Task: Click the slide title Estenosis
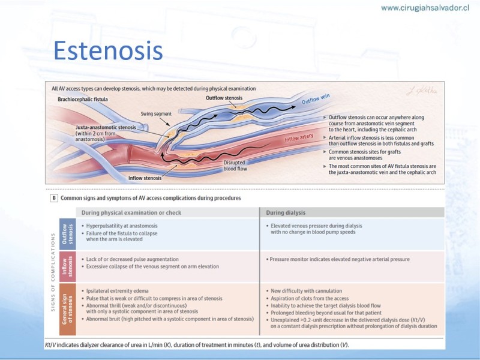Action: [108, 50]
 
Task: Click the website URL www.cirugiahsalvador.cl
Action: [425, 8]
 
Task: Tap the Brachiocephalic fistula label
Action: [83, 100]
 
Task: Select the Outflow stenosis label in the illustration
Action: [224, 98]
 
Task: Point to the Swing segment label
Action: [156, 114]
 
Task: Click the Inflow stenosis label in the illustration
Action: [145, 178]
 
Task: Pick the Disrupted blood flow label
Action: [235, 166]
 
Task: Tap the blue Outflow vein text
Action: [316, 99]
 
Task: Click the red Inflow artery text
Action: [299, 138]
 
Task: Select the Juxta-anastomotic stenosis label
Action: [106, 127]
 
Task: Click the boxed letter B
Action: [54, 198]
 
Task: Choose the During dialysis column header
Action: [286, 213]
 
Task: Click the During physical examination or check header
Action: [131, 213]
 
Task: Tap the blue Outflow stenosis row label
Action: [68, 234]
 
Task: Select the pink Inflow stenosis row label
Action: [68, 266]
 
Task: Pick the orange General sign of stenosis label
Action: [68, 309]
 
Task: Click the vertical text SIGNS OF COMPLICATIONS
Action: [53, 272]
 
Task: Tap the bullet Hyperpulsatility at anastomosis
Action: [119, 226]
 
